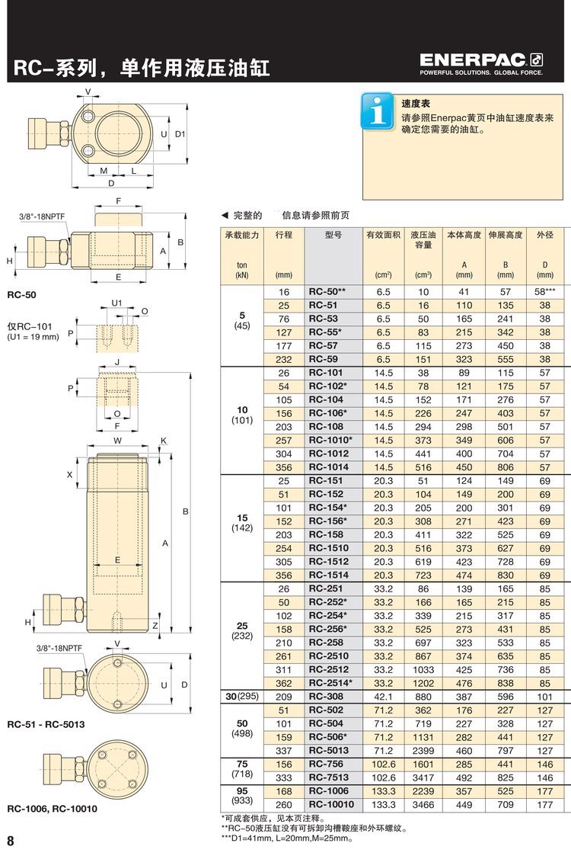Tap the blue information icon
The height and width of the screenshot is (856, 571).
[x=377, y=111]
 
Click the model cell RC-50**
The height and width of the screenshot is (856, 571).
[x=327, y=291]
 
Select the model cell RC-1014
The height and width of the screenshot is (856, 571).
[x=328, y=467]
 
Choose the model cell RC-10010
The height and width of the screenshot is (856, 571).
[x=331, y=804]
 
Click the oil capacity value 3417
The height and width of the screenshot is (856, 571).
[x=423, y=777]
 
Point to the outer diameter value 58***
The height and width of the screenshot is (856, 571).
[x=545, y=291]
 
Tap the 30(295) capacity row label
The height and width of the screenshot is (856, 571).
[x=242, y=697]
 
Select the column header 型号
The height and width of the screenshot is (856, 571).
[x=333, y=235]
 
